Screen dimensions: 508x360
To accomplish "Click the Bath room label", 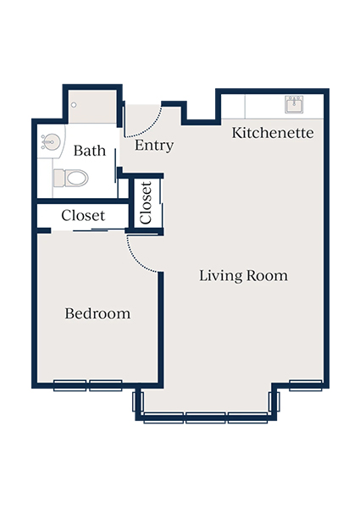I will pyautogui.click(x=89, y=152).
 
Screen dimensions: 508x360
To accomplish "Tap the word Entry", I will pyautogui.click(x=154, y=146).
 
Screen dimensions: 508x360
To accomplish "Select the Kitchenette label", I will pyautogui.click(x=273, y=133).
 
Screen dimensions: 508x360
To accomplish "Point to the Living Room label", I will pyautogui.click(x=243, y=276).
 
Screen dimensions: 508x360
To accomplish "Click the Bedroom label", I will pyautogui.click(x=97, y=314).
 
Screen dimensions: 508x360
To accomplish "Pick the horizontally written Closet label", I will pyautogui.click(x=82, y=216).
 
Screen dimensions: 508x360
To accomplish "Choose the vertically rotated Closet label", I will pyautogui.click(x=146, y=203).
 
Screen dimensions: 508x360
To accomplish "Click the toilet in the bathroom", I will pyautogui.click(x=71, y=178).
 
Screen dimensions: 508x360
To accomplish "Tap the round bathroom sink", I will pyautogui.click(x=49, y=142).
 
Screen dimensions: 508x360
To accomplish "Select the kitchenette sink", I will pyautogui.click(x=294, y=105).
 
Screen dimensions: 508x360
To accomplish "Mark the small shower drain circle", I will pyautogui.click(x=75, y=105).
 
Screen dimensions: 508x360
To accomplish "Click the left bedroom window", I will pyautogui.click(x=70, y=385).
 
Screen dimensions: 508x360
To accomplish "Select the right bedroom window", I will pyautogui.click(x=106, y=385).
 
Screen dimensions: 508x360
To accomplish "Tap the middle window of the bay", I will pyautogui.click(x=206, y=417).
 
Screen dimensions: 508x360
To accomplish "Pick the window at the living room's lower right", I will pyautogui.click(x=305, y=385).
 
